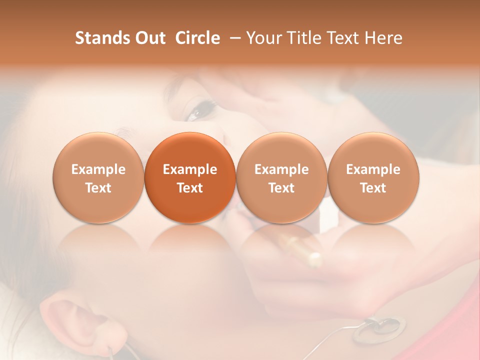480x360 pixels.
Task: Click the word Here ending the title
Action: pyautogui.click(x=383, y=38)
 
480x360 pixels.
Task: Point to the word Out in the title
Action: pyautogui.click(x=148, y=38)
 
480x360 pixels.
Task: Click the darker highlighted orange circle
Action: pyautogui.click(x=190, y=177)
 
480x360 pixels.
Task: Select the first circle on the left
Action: pyautogui.click(x=98, y=177)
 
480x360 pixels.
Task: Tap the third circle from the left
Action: pyautogui.click(x=281, y=177)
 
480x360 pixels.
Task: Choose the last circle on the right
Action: pyautogui.click(x=373, y=177)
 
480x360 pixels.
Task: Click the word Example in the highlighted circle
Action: pyautogui.click(x=190, y=169)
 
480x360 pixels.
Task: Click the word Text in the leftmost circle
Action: pyautogui.click(x=98, y=188)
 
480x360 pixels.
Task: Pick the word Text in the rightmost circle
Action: pyautogui.click(x=373, y=188)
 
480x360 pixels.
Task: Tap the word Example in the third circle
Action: pyautogui.click(x=281, y=169)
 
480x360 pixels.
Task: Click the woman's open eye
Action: pyautogui.click(x=197, y=111)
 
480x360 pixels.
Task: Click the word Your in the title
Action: pyautogui.click(x=263, y=38)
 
